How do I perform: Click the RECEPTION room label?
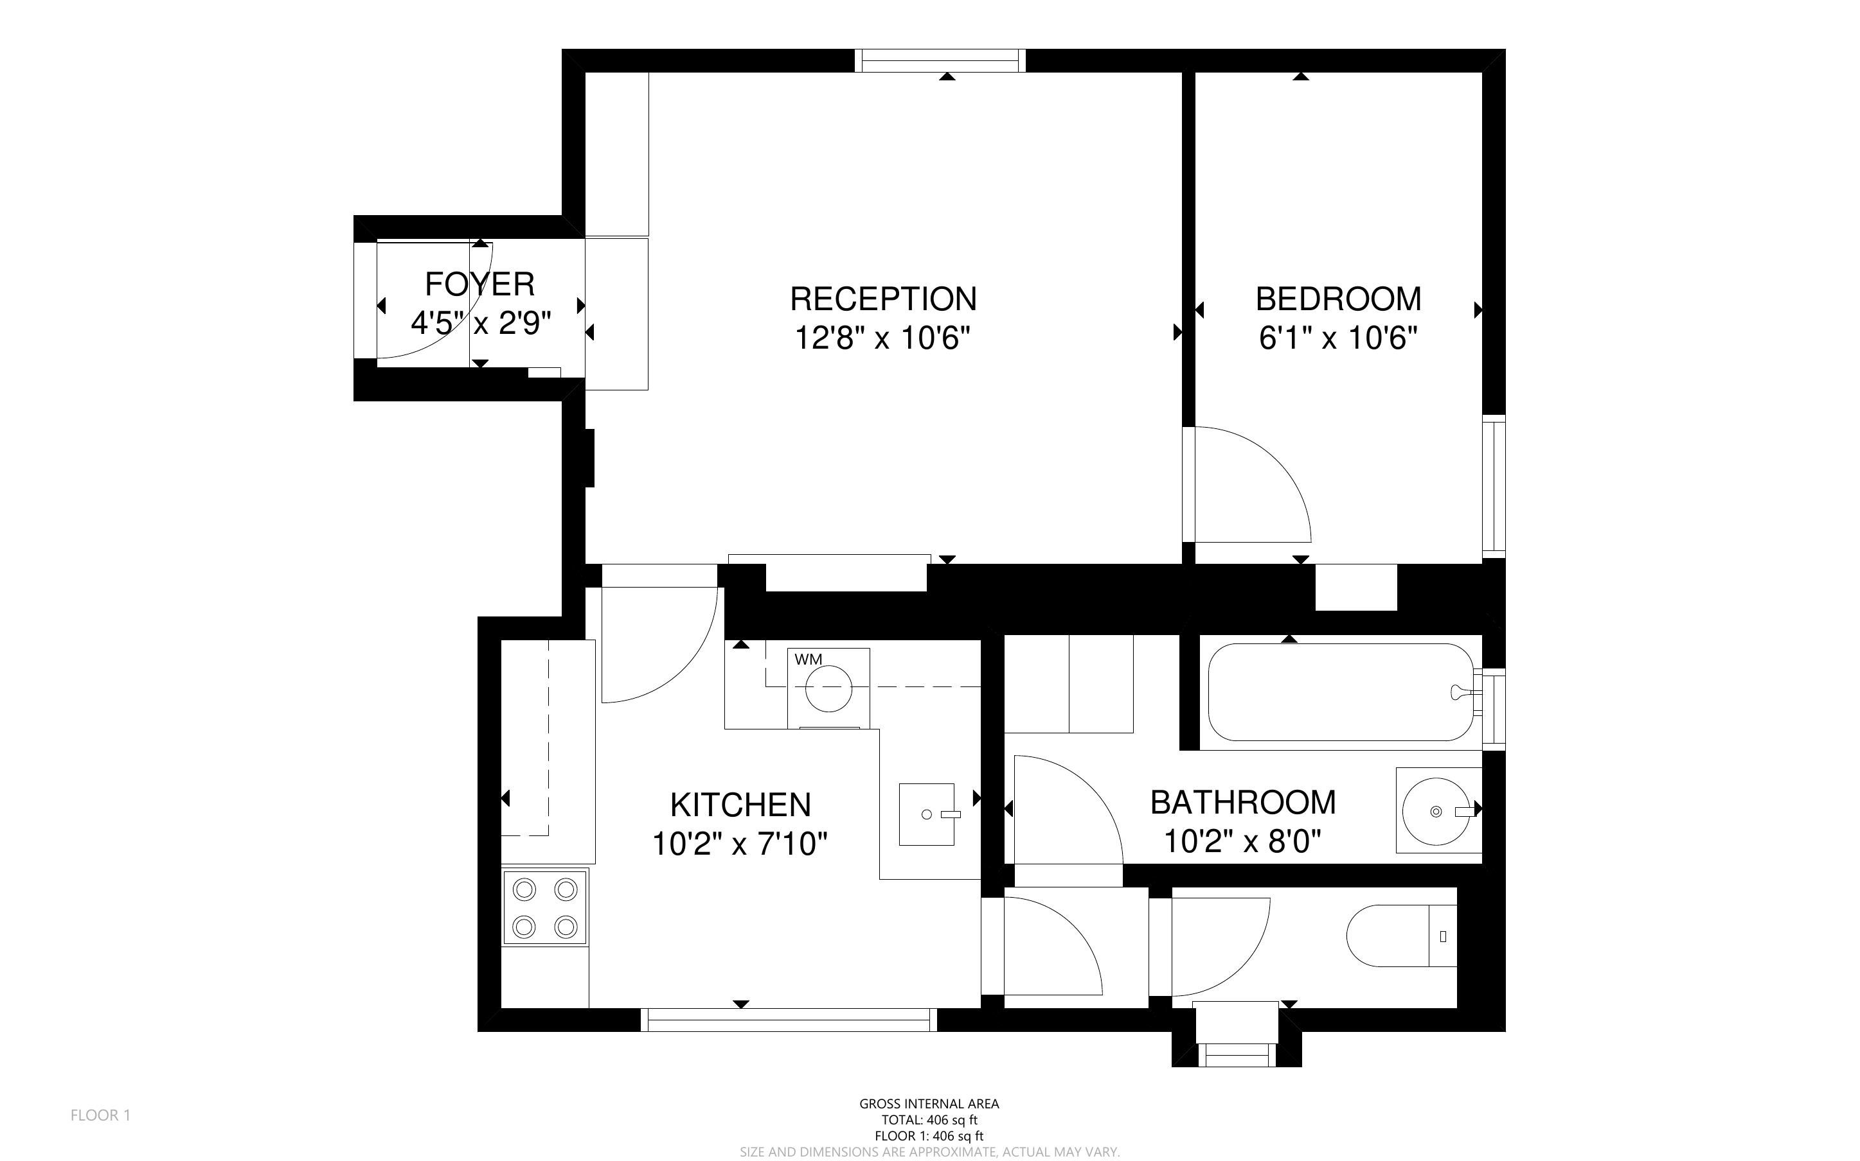coord(884,299)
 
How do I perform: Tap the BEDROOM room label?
coord(1338,299)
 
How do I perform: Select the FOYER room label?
coord(479,284)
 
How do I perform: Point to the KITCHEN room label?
coord(740,805)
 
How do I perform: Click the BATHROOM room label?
coord(1243,803)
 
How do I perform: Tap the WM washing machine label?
coord(809,659)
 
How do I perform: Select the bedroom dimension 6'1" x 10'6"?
coord(1337,338)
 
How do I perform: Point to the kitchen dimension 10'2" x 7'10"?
coord(740,844)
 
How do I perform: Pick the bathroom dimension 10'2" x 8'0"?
coord(1242,842)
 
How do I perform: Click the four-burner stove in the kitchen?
coord(545,907)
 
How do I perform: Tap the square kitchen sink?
coord(927,814)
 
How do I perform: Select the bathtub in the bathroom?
coord(1341,692)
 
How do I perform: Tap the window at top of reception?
coord(940,60)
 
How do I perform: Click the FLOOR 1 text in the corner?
coord(101,1115)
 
